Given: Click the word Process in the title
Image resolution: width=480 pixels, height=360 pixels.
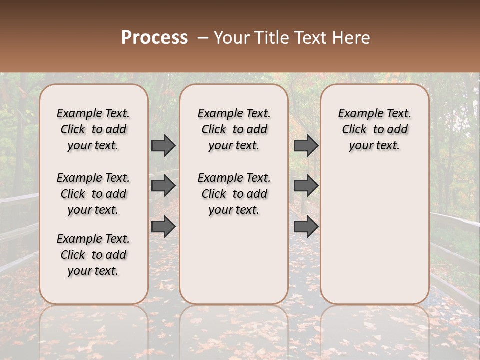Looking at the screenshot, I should (154, 38).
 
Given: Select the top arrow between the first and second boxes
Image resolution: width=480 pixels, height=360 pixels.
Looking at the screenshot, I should (163, 146).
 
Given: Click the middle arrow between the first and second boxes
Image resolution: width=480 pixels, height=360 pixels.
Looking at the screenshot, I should (163, 186).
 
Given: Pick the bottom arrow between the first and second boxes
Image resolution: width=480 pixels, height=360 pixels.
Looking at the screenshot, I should (163, 226).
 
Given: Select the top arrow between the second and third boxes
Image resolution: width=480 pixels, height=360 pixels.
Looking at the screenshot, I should (306, 146).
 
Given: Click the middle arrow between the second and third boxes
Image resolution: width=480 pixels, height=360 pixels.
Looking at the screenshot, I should (306, 186).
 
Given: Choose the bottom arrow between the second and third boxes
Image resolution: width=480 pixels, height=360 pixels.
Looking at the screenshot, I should (306, 226).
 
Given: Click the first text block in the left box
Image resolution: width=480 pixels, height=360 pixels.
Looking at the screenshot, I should (93, 129).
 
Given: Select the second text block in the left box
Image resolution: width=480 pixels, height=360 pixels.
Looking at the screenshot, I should (93, 194).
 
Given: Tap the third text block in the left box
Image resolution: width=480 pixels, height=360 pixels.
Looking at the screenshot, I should (93, 255).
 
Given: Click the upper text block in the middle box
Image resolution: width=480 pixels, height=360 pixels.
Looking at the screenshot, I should (234, 129).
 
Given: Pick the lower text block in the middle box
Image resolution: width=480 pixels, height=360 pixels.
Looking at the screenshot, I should (234, 194).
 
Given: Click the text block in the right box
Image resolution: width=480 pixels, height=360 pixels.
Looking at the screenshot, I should (374, 129).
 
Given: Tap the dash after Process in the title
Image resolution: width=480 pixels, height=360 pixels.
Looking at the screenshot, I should (203, 38).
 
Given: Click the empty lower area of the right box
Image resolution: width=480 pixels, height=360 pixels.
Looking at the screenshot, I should (374, 235).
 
